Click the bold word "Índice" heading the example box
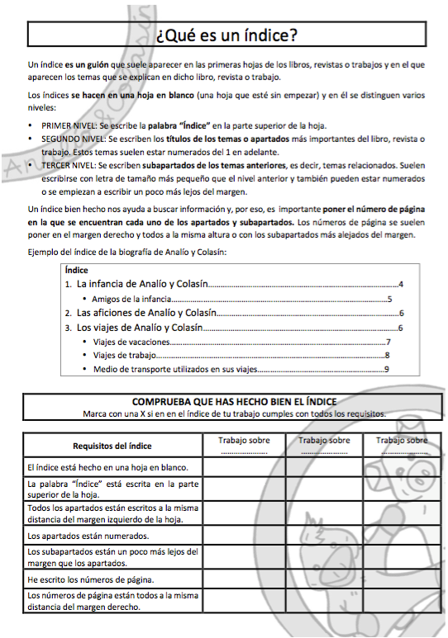pyautogui.click(x=76, y=270)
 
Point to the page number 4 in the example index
pyautogui.click(x=400, y=285)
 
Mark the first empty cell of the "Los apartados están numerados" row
pyautogui.click(x=244, y=535)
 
